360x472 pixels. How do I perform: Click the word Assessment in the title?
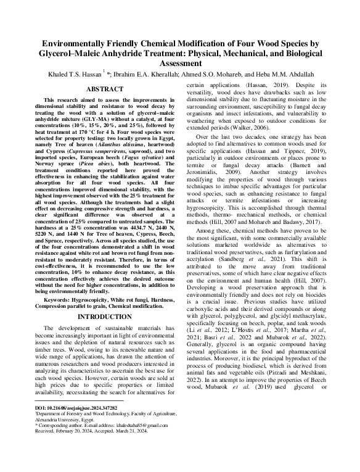point(180,63)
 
